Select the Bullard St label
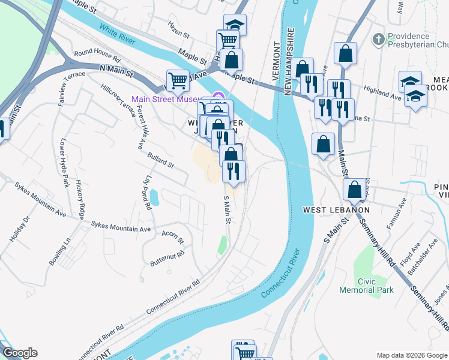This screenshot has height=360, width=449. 160,160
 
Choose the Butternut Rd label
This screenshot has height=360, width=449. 168,254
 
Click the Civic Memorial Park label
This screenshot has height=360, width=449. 374,286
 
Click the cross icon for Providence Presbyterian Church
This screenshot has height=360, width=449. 378,40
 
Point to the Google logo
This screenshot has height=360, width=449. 19,353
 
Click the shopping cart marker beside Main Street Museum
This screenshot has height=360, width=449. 178,79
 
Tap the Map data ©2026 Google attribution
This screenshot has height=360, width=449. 412,355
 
